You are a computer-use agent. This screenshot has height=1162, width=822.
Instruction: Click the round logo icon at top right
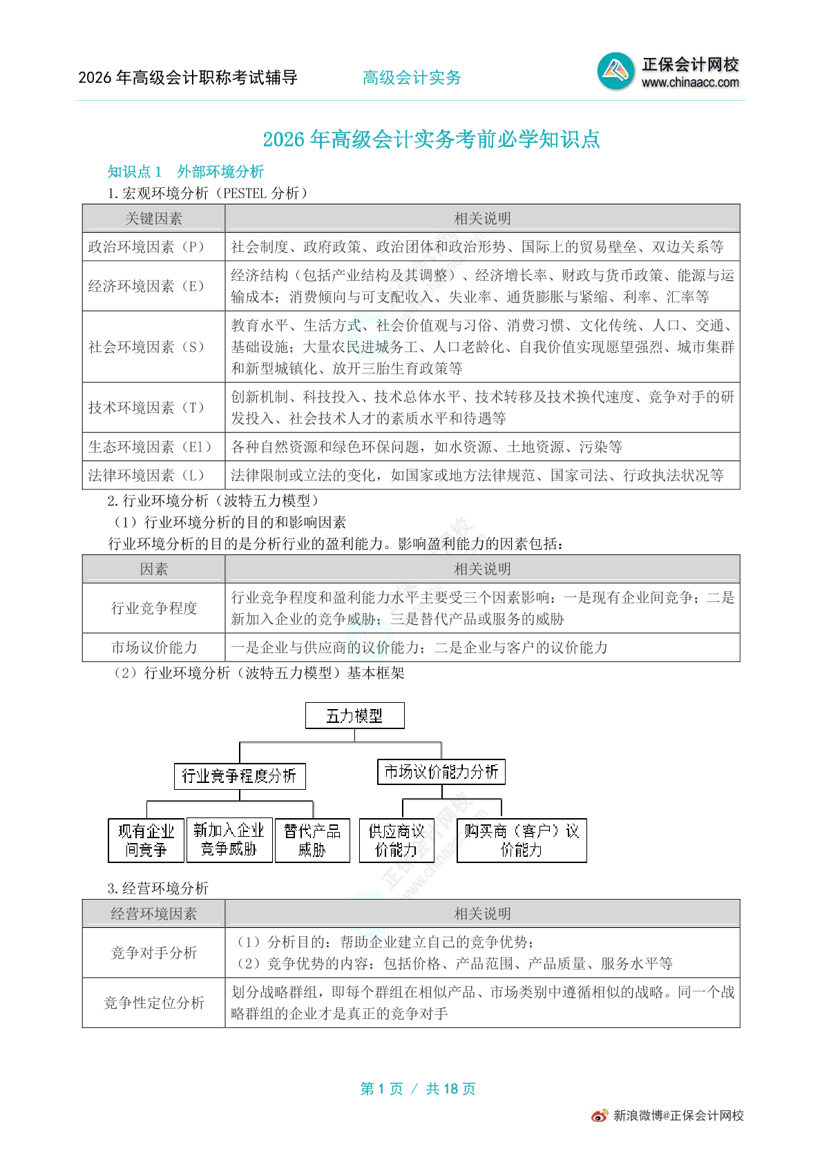click(615, 71)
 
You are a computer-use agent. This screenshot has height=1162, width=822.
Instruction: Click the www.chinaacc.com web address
click(690, 83)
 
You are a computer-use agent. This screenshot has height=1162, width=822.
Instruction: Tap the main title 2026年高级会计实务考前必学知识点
click(431, 139)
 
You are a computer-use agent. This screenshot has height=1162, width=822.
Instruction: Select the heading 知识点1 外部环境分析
click(185, 171)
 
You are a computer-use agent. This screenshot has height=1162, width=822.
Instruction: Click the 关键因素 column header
click(153, 218)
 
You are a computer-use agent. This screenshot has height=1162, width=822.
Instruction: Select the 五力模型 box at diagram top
click(354, 716)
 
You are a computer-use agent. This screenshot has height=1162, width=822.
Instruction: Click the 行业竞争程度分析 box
click(239, 776)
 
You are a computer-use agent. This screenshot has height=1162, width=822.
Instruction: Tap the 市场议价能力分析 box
click(441, 772)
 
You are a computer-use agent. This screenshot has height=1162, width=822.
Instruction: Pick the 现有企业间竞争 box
click(146, 840)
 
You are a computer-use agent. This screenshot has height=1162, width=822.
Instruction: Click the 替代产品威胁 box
click(312, 840)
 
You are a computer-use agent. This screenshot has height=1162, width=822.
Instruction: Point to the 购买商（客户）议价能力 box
click(522, 840)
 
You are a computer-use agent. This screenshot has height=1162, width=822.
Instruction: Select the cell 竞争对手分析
click(153, 953)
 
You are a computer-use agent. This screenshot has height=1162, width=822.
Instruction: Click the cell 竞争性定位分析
click(153, 1003)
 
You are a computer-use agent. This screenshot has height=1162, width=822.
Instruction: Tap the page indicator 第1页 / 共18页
click(418, 1089)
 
